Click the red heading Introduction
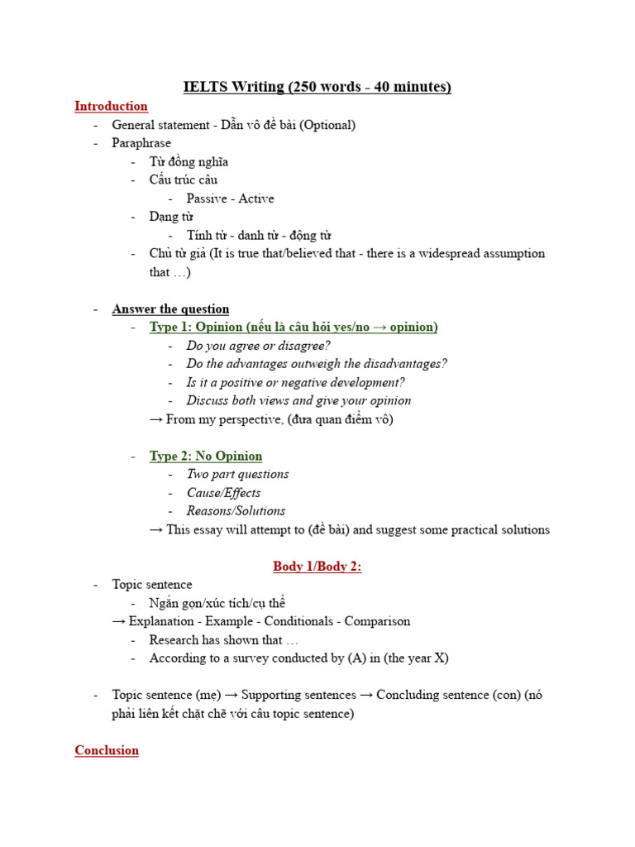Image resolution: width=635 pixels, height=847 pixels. coord(111,106)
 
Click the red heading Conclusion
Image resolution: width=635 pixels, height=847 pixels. coord(107,750)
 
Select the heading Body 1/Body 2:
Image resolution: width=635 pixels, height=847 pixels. coord(317,567)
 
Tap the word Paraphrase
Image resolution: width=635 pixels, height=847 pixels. coord(141,143)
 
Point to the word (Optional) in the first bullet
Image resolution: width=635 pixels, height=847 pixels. coord(327,125)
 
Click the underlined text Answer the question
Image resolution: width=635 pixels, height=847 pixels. coord(170,309)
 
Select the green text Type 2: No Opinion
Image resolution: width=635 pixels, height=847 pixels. coord(206,456)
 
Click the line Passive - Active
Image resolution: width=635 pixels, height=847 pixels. coord(230,199)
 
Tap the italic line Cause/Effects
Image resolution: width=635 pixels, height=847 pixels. coord(223,493)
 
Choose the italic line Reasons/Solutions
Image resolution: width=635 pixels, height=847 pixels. coord(236,511)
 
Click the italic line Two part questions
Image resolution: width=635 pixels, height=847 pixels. coord(237,474)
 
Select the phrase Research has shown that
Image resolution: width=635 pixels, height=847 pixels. coord(223,640)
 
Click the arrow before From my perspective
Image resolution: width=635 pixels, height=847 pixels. coord(155,419)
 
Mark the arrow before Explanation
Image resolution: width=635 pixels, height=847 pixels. coord(119,621)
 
